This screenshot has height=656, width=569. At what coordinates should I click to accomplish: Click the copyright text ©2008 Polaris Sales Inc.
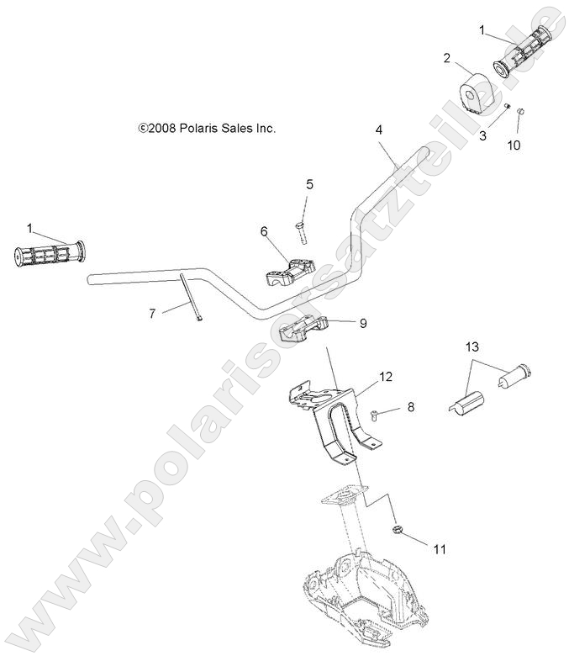[x=207, y=129]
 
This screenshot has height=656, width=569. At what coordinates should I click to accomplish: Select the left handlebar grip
[x=49, y=253]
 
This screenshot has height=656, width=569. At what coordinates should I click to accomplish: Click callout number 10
[x=514, y=145]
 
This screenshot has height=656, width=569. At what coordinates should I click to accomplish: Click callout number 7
[x=152, y=314]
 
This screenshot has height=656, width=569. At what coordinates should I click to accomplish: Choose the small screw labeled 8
[x=374, y=411]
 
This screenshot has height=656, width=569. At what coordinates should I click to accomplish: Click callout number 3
[x=483, y=135]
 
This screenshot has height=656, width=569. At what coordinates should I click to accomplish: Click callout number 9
[x=362, y=322]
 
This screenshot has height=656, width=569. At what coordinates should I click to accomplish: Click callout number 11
[x=439, y=550]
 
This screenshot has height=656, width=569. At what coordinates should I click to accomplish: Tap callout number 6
[x=263, y=229]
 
